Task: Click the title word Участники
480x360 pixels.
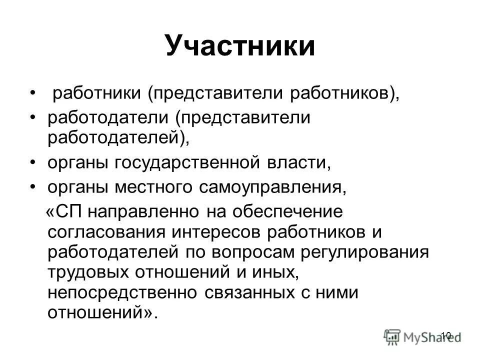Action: (240, 46)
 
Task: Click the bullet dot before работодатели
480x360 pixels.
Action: (33, 118)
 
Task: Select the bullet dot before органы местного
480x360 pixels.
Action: (33, 187)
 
